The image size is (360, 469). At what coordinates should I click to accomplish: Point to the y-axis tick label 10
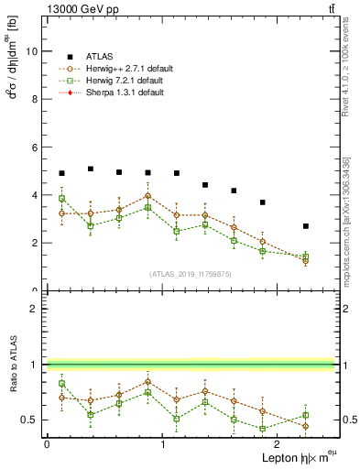(31, 51)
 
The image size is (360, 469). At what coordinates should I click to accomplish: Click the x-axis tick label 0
(46, 443)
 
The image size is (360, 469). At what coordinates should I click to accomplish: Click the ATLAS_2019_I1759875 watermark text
(191, 273)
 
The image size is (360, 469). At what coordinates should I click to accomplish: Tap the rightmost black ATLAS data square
(306, 226)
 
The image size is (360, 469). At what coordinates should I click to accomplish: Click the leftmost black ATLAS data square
(61, 173)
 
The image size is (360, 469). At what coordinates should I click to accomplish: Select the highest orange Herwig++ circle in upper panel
(147, 196)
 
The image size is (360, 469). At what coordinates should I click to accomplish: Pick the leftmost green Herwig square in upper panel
(61, 199)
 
